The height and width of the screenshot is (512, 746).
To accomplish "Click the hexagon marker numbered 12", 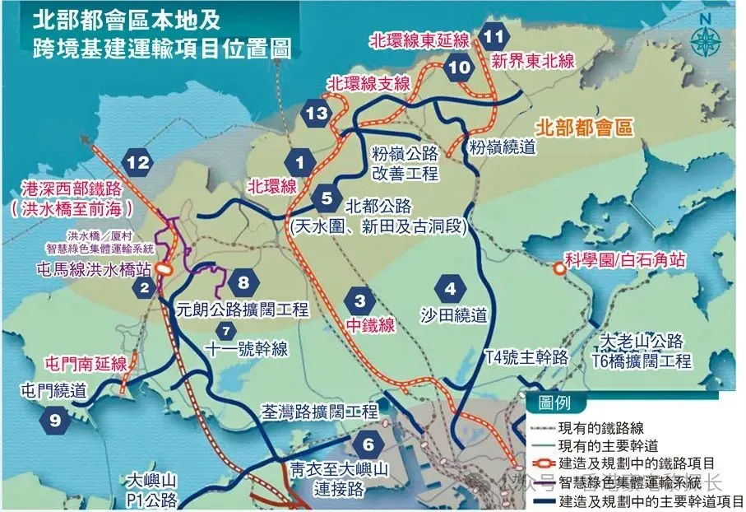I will pyautogui.click(x=137, y=162).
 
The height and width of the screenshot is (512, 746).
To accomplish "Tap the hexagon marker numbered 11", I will pyautogui.click(x=493, y=36).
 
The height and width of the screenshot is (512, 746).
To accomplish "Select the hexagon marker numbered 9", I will pyautogui.click(x=55, y=421).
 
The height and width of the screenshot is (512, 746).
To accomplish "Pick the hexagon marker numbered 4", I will pyautogui.click(x=450, y=289).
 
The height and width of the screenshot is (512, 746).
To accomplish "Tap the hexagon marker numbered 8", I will pyautogui.click(x=243, y=283).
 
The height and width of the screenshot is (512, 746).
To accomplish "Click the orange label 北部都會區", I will pyautogui.click(x=586, y=128).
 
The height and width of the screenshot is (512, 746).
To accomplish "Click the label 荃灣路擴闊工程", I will pyautogui.click(x=318, y=411).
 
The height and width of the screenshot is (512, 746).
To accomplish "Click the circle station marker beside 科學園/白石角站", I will pyautogui.click(x=559, y=268).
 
